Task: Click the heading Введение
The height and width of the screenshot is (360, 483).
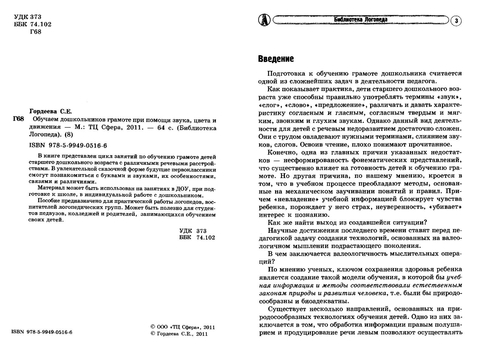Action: pyautogui.click(x=276, y=59)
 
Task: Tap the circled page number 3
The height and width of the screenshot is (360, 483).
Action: pyautogui.click(x=456, y=21)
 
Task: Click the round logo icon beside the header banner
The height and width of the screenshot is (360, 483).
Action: pyautogui.click(x=264, y=20)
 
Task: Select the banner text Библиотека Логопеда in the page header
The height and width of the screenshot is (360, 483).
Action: pyautogui.click(x=361, y=20)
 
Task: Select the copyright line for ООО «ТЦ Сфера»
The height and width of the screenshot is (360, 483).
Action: pyautogui.click(x=182, y=327)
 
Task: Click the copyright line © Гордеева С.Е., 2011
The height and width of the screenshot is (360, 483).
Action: pyautogui.click(x=179, y=334)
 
